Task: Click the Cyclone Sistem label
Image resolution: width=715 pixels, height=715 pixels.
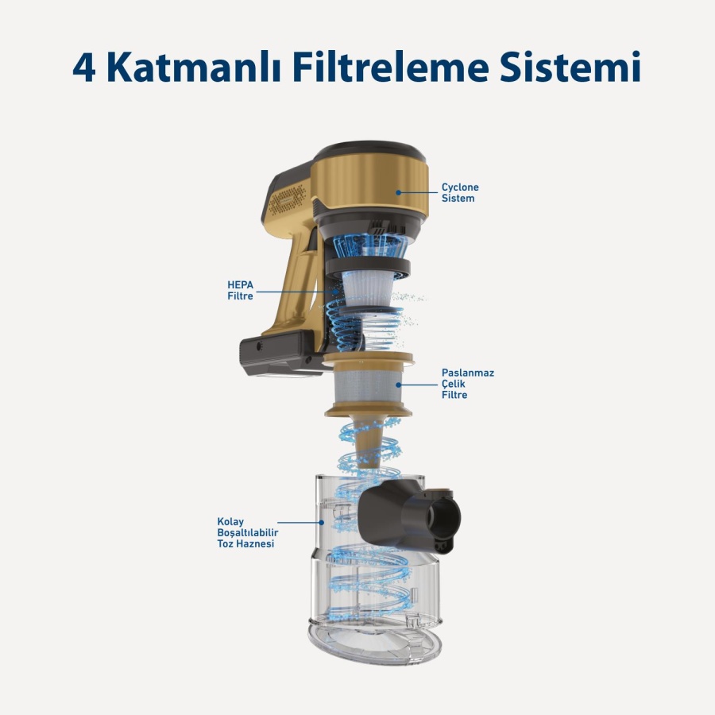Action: pos(460,193)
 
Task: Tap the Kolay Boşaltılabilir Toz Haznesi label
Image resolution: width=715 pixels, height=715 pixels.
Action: pos(245,533)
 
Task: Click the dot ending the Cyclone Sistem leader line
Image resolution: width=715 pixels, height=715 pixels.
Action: pos(398,192)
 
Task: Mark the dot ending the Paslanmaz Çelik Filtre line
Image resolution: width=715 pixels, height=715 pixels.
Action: pos(400,384)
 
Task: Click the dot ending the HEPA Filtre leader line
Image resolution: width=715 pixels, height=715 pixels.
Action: pos(337,292)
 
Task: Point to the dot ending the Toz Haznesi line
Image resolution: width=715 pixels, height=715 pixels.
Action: pos(322,523)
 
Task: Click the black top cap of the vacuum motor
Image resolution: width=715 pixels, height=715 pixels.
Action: pos(369,151)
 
